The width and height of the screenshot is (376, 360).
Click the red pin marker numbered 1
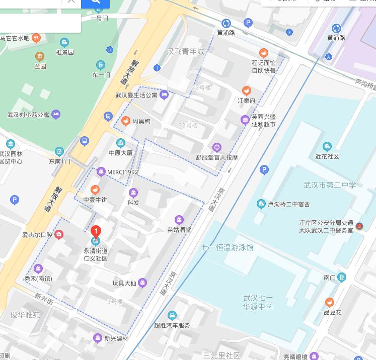point(96,231)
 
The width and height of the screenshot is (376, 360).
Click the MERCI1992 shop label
point(122,172)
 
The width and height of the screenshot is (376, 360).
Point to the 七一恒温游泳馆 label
point(228,247)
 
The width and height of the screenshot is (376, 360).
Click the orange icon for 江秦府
point(246,91)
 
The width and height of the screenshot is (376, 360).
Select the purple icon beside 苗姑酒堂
point(179,219)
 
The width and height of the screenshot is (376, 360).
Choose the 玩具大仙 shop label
point(125,283)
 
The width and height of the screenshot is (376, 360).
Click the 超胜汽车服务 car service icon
point(172,316)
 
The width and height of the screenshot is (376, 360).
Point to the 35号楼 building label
point(201,87)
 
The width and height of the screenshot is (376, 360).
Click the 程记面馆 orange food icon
point(264,53)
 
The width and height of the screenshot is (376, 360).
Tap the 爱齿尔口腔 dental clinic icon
point(59,234)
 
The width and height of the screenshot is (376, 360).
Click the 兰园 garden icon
point(40,56)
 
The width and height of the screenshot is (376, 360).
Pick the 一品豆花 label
point(329,312)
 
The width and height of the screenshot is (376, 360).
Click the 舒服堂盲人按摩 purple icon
point(217,147)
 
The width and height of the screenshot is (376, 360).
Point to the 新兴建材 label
point(116,338)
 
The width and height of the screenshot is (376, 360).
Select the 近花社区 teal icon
point(327,147)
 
